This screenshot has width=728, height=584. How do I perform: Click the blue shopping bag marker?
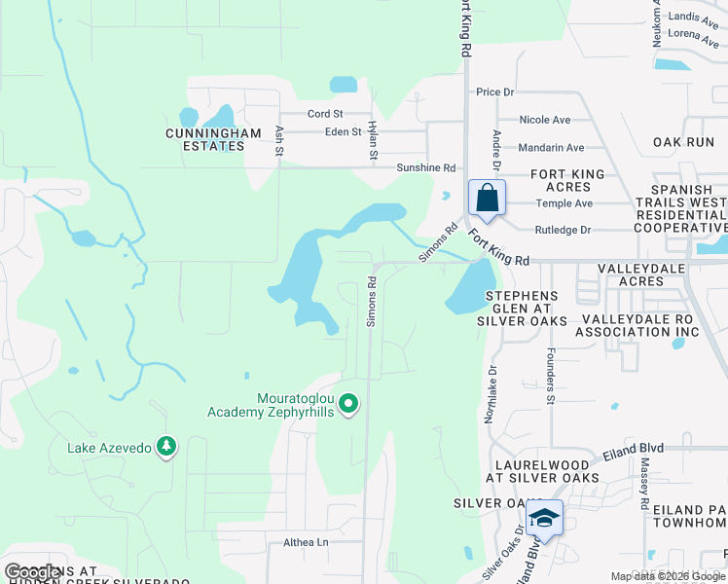tap(487, 199)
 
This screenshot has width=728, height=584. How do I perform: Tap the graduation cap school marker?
tap(545, 517)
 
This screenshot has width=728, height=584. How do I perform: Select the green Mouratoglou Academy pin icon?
tap(351, 402)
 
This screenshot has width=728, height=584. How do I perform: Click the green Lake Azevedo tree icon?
tap(167, 447)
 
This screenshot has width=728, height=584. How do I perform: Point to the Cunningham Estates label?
tap(213, 140)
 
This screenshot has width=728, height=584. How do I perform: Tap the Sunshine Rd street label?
tap(426, 167)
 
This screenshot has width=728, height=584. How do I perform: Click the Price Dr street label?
tap(494, 92)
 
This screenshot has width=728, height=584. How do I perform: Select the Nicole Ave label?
tap(544, 120)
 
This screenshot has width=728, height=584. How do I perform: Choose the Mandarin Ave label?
tap(551, 148)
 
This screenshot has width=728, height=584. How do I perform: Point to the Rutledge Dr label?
tap(563, 231)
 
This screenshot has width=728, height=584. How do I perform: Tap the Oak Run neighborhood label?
tap(683, 142)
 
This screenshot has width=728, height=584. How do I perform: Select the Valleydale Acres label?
tap(643, 274)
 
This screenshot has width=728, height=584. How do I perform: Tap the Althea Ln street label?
tap(306, 542)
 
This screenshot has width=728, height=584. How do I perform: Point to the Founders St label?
tap(550, 377)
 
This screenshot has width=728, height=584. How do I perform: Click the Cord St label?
tap(319, 114)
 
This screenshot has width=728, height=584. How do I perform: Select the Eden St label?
tap(344, 131)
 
